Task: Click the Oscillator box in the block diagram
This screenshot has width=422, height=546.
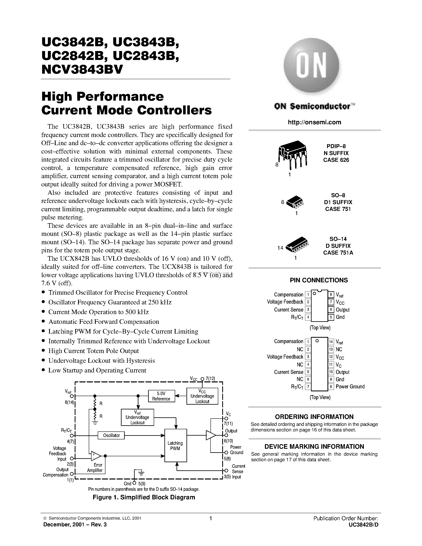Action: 111,435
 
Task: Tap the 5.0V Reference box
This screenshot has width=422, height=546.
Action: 161,396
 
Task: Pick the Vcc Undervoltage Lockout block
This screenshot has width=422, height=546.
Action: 202,396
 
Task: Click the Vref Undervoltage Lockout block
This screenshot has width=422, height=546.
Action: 137,417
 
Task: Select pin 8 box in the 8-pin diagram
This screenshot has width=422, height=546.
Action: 331,294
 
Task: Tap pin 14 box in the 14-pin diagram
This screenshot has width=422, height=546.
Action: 331,341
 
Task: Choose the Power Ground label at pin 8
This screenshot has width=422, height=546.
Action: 350,387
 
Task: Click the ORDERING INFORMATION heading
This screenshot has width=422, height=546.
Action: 314,417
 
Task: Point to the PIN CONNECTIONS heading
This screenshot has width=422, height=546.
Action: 319,280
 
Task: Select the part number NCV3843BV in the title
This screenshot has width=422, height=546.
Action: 82,69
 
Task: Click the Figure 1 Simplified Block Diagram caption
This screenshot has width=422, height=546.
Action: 144,497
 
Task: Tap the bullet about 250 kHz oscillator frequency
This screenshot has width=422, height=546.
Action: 110,302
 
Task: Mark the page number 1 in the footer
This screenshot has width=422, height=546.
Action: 211,518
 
